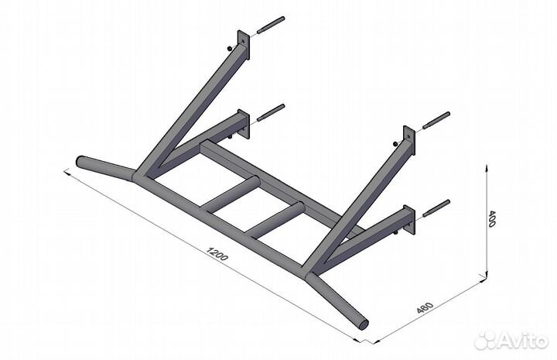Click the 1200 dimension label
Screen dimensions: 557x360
click(217, 254)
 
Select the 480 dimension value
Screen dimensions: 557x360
click(425, 308)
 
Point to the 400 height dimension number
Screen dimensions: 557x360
click(492, 218)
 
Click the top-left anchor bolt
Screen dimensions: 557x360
click(271, 25)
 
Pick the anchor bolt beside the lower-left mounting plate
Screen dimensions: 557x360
click(271, 112)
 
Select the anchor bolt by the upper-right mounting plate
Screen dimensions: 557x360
click(436, 121)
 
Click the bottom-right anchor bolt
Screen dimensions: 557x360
click(436, 208)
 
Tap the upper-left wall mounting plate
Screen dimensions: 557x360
click(244, 44)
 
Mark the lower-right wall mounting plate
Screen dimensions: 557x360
click(409, 220)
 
